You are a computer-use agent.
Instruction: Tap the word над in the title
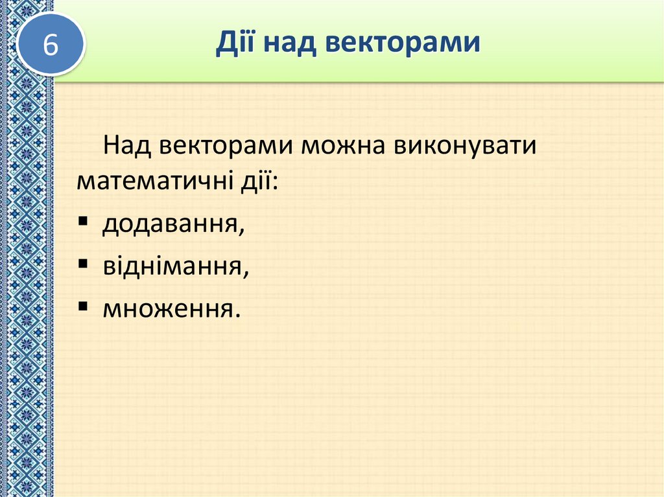pos(289,43)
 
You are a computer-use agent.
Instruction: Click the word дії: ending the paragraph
pos(256,181)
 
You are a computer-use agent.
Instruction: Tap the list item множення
pos(165,309)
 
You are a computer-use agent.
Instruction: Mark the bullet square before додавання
pos(83,222)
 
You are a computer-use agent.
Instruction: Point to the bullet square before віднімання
pos(83,264)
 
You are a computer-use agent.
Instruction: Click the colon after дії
pos(274,183)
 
